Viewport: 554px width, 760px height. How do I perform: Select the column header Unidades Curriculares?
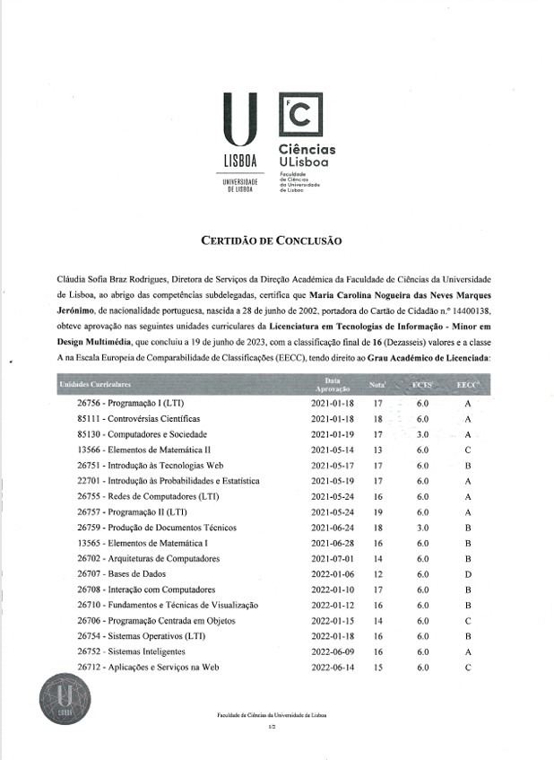(x=95, y=384)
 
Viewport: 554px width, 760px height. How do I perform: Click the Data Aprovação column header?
(x=332, y=384)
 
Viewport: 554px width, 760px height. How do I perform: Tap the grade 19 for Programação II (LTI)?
(x=378, y=512)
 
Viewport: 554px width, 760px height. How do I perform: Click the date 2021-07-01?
(x=333, y=559)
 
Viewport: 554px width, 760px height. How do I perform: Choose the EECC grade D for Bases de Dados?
(x=468, y=574)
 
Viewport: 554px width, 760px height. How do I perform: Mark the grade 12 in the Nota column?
(x=378, y=574)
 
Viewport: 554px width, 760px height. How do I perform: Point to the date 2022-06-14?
(x=333, y=668)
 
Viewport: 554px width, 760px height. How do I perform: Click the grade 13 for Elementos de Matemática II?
(x=378, y=450)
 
